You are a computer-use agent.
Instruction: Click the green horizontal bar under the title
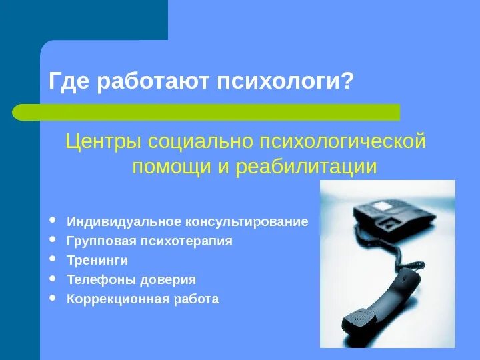pos(207,112)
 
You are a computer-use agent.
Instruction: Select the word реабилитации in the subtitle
pos(305,167)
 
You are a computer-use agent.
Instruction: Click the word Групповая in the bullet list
pos(95,241)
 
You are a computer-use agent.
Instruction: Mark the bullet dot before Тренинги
pos(54,259)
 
